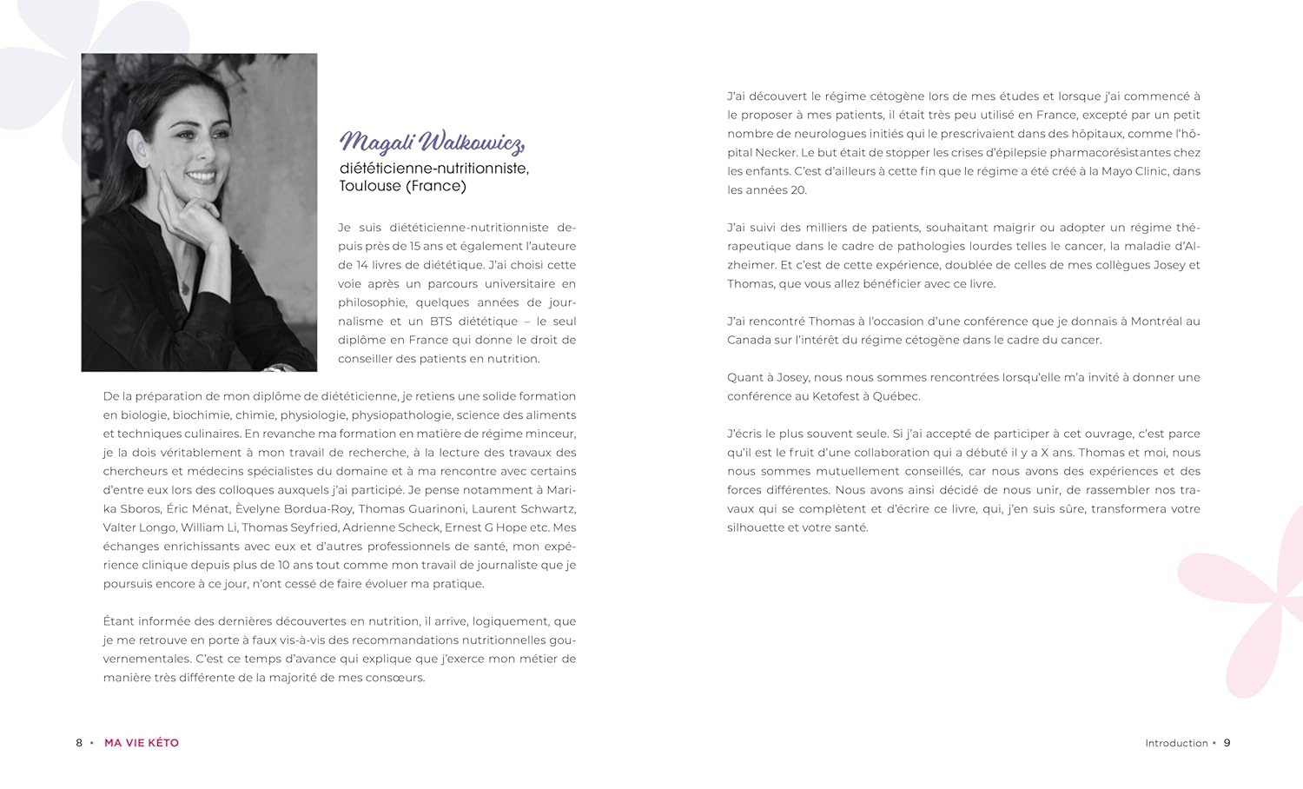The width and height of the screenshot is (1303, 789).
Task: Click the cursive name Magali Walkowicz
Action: pos(432,142)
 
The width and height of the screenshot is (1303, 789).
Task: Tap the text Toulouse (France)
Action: pos(402,186)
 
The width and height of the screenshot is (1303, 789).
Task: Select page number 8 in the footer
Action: pos(79,743)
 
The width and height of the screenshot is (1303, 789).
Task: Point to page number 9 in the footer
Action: pos(1227,743)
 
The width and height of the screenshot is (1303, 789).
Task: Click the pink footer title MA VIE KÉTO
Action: pos(142,743)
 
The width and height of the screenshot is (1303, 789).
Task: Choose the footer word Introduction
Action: pos(1176,743)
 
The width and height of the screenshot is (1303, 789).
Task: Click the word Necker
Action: pos(776,153)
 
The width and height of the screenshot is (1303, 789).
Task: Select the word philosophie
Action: pos(373,302)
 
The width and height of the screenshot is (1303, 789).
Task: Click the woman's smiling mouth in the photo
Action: pos(202,176)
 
